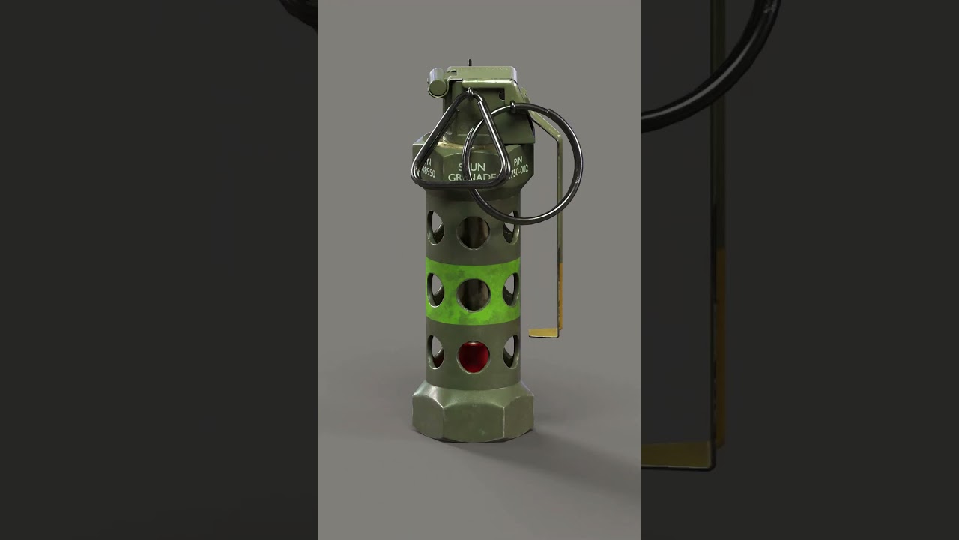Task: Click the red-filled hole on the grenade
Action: [474, 356]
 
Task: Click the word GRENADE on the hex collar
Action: [472, 178]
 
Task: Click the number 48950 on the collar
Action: [427, 172]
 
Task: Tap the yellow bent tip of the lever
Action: [545, 332]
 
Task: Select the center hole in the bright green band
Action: [474, 295]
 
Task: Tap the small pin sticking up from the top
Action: [469, 63]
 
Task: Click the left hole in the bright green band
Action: [435, 289]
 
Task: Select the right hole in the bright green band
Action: [511, 289]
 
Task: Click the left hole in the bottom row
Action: [435, 351]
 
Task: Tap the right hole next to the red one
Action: [511, 351]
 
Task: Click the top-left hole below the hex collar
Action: [435, 227]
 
